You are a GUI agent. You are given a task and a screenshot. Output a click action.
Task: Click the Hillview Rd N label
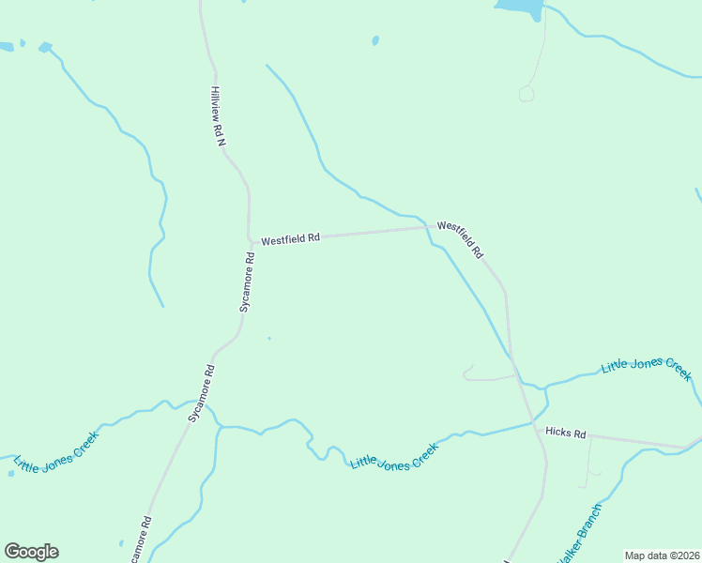[x=219, y=115]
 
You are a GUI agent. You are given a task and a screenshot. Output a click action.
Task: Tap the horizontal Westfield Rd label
[x=290, y=239]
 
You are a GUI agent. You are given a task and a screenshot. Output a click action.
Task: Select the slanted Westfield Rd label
[x=460, y=239]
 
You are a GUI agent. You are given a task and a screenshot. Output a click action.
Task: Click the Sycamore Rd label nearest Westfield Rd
[x=248, y=281]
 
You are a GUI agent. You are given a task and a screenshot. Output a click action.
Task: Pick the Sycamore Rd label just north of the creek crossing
[x=203, y=391]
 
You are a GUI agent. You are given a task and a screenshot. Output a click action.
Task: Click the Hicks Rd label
[x=565, y=434]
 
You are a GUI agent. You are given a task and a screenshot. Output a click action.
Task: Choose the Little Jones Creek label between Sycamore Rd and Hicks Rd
[x=394, y=457]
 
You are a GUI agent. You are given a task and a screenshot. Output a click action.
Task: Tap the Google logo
[x=31, y=552]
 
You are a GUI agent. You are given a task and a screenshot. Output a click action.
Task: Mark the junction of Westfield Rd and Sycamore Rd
[x=252, y=242]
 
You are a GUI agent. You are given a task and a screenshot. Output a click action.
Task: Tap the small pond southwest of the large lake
[x=375, y=40]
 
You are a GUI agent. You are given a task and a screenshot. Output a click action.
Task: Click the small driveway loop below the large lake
[x=526, y=93]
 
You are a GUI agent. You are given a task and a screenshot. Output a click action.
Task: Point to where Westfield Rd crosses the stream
[x=430, y=226]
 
